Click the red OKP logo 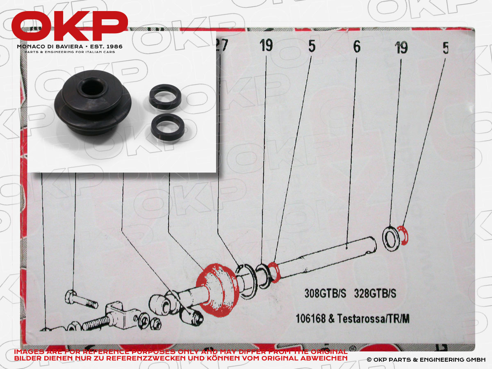pos(70,26)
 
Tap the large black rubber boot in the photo pos(93,102)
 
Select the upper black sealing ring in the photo pos(165,97)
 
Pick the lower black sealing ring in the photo pos(168,128)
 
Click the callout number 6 pos(357,47)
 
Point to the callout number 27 pos(222,45)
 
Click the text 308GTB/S pos(325,293)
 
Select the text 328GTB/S pos(375,293)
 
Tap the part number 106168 pos(311,319)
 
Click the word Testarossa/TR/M pos(373,319)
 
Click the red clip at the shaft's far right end pos(403,235)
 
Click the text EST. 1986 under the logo pos(106,47)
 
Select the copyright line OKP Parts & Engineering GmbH pos(426,360)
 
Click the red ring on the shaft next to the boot pos(274,272)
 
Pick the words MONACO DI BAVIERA pos(50,47)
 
